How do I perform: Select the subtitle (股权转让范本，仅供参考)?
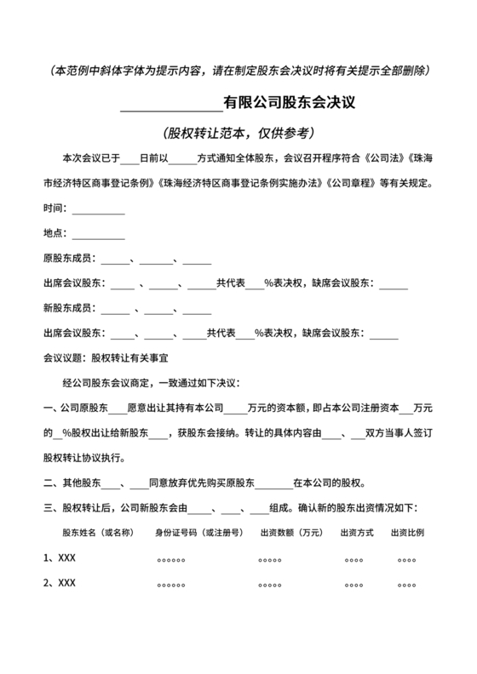point(238,134)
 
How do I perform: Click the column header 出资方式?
point(357,534)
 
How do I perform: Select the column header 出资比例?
point(407,534)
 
